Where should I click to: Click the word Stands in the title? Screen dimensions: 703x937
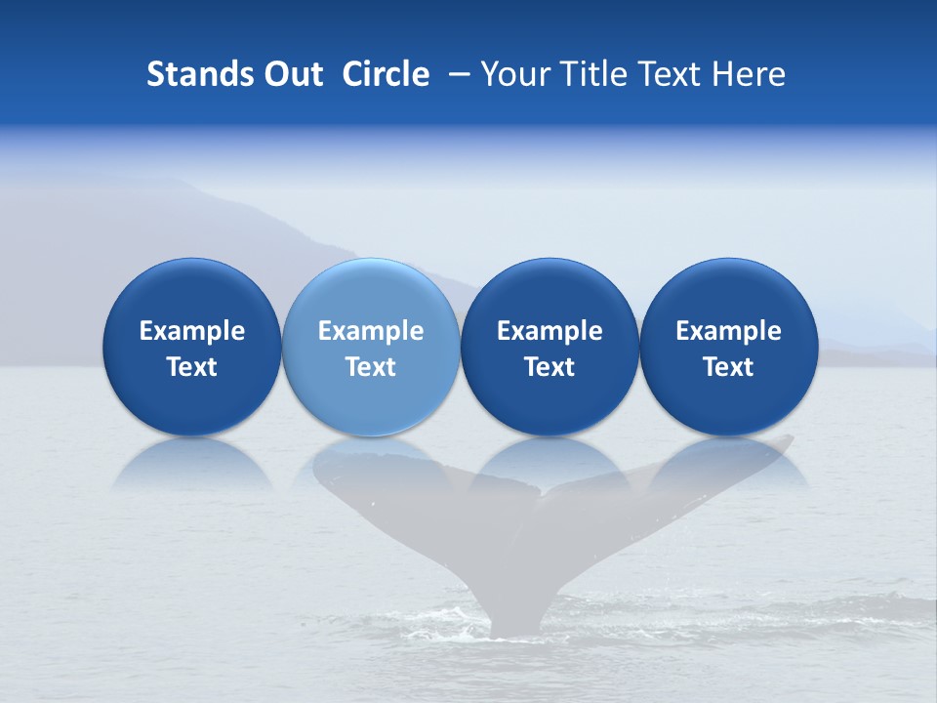click(193, 74)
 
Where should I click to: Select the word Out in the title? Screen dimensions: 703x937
click(291, 74)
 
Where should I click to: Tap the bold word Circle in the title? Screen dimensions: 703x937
click(386, 74)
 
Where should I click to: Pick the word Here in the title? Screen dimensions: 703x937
click(749, 74)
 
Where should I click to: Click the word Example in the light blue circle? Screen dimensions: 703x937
click(371, 331)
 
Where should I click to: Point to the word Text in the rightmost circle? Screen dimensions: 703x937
click(728, 367)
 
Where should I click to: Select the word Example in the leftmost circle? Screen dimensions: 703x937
click(191, 331)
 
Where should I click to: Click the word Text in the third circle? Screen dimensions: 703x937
click(550, 367)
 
